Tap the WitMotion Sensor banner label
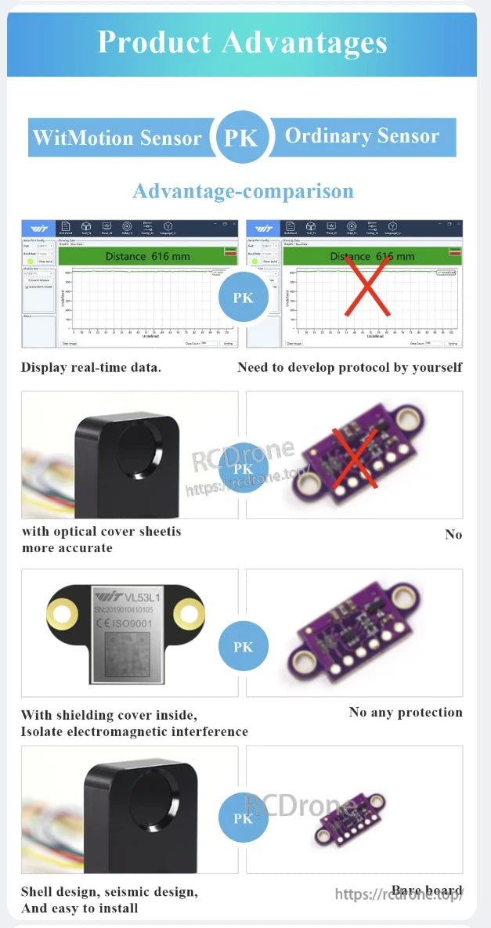(x=117, y=139)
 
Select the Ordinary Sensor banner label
(x=362, y=136)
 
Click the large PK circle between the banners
(x=242, y=138)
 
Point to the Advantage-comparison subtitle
(x=243, y=191)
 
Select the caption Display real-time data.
(x=91, y=367)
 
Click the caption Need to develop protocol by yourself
(x=349, y=367)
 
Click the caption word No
(x=453, y=535)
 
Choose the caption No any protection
(x=406, y=712)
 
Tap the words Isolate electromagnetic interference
(x=134, y=732)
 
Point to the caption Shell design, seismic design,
(x=109, y=892)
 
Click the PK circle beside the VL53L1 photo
(x=243, y=647)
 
